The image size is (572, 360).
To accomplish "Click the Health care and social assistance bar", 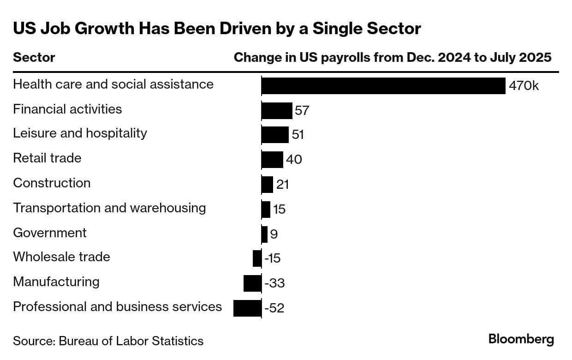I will tap(383, 86).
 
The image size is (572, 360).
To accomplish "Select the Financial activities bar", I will tap(277, 111).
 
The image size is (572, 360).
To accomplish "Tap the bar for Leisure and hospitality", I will tap(275, 135).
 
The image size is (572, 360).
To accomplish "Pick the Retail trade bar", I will tap(272, 160).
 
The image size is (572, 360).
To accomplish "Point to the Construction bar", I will tap(267, 185).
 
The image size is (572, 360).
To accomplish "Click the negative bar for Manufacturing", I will tap(252, 283).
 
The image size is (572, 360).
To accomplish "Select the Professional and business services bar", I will tap(247, 308).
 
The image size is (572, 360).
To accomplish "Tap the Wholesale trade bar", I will tap(257, 258).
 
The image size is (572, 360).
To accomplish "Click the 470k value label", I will tap(524, 86).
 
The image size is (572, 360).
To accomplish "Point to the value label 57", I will tap(302, 111).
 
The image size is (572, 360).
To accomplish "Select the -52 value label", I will tap(274, 308).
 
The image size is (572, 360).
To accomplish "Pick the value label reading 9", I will tap(274, 234).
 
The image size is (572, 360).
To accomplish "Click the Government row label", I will tap(50, 233).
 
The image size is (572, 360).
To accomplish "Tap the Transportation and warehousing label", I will tap(109, 208).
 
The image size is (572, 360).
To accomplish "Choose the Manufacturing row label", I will tap(56, 282).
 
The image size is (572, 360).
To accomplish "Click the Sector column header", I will tap(34, 58).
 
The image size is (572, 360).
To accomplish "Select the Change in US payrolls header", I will tap(393, 58).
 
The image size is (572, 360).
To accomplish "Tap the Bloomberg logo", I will tap(521, 339).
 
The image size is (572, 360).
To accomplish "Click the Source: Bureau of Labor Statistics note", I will tap(108, 341).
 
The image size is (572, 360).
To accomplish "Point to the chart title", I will tap(217, 29).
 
